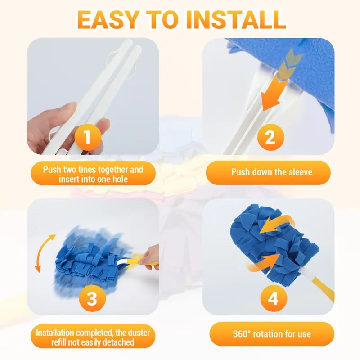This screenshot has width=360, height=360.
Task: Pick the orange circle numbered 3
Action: tap(91, 297)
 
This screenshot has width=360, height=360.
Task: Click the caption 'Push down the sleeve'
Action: tap(271, 172)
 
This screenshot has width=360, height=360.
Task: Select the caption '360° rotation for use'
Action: tap(271, 334)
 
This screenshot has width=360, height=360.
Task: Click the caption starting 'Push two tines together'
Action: tap(93, 175)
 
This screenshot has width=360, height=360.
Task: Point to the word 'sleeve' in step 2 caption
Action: tap(300, 172)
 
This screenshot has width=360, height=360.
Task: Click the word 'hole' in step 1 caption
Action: tap(118, 179)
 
